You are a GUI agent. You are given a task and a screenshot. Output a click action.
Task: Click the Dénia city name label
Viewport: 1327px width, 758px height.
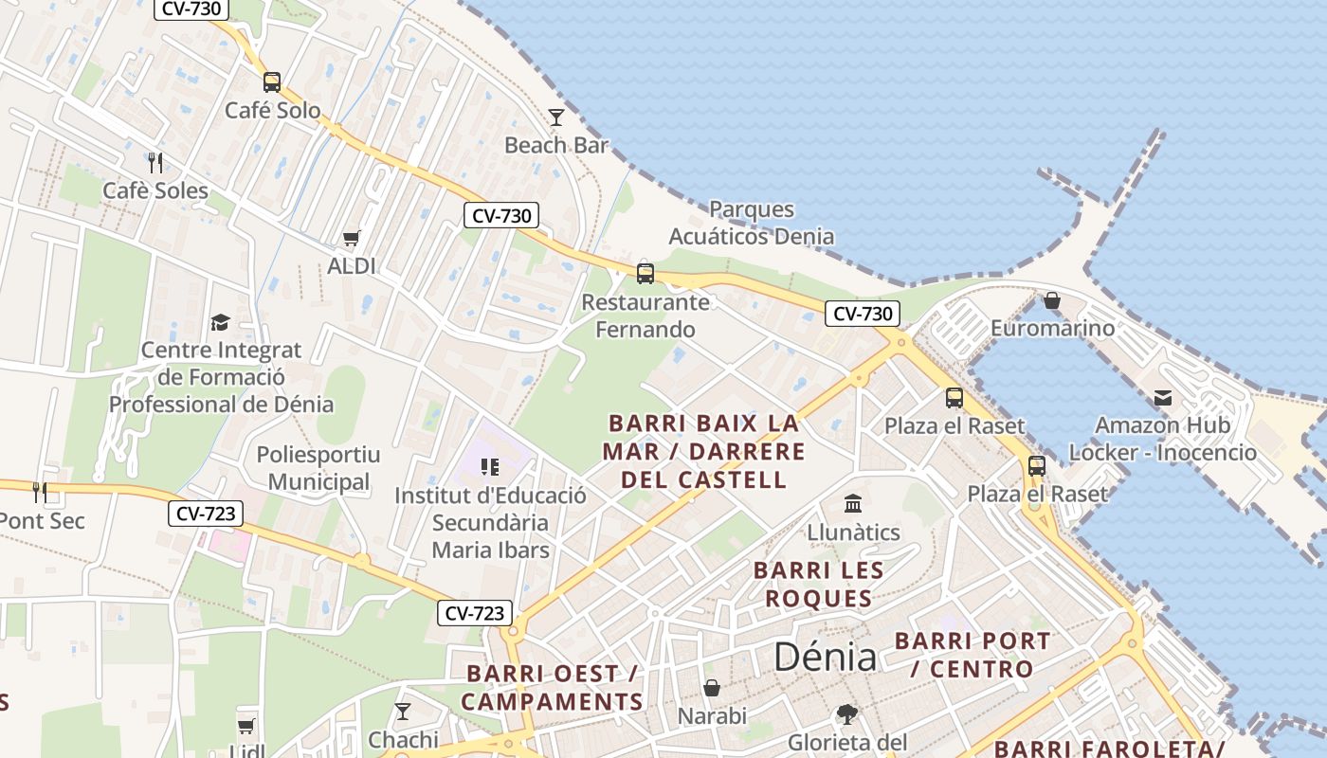(x=825, y=656)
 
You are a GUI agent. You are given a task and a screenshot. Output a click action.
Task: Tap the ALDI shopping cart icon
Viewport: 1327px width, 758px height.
(x=352, y=238)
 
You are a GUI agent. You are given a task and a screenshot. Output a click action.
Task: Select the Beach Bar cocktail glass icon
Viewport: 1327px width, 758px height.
(x=556, y=117)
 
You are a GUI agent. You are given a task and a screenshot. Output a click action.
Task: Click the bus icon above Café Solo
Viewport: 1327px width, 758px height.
(x=272, y=82)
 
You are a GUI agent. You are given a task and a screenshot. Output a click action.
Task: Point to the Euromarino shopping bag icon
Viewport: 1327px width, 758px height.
(x=1052, y=300)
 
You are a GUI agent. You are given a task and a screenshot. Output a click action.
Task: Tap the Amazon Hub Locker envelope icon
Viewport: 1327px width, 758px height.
(x=1162, y=398)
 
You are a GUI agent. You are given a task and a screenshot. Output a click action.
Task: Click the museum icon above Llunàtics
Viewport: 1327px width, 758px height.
(x=853, y=503)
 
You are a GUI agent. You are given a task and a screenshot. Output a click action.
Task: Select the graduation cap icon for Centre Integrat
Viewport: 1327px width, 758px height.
(x=220, y=322)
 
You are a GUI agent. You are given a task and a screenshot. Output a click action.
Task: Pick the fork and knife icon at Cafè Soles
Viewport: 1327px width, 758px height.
(x=155, y=163)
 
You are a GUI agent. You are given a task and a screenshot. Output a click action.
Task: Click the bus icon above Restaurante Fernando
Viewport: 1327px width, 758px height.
(x=645, y=274)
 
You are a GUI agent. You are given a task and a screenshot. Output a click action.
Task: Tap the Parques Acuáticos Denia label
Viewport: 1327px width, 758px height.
(x=752, y=223)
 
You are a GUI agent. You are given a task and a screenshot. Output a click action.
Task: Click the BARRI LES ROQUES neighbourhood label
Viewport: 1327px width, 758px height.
(x=819, y=585)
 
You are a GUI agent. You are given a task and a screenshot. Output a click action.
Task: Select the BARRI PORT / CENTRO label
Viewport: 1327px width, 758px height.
(x=973, y=655)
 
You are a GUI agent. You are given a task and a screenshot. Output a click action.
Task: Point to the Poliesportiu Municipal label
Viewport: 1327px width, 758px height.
(x=318, y=468)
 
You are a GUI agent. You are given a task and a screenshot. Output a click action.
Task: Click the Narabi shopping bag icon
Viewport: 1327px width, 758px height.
(x=712, y=688)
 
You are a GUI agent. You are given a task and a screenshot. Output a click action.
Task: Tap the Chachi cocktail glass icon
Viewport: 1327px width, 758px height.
(x=403, y=711)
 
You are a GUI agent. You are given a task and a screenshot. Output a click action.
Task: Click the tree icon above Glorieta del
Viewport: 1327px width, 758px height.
(x=846, y=713)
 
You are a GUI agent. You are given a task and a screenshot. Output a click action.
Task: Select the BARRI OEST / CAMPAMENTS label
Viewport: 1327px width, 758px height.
(x=552, y=688)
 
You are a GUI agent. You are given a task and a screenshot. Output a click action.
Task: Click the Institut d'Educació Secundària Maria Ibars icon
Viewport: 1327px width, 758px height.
(x=490, y=466)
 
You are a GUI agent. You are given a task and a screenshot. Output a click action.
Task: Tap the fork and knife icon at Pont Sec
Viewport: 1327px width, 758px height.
(x=40, y=492)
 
